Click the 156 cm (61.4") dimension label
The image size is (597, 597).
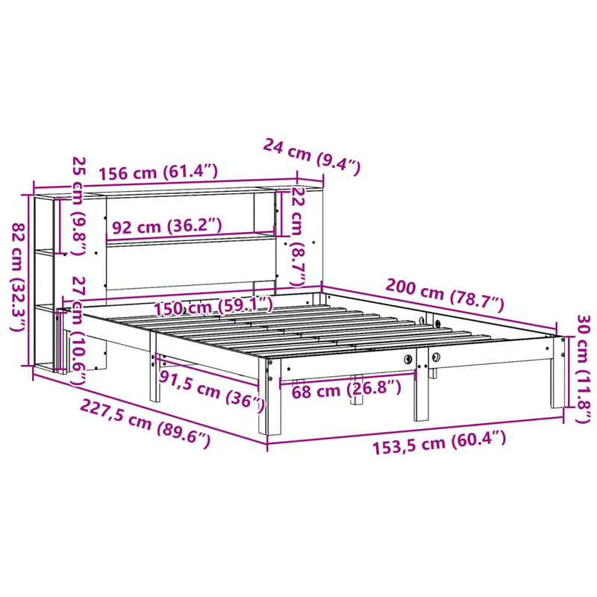(158, 172)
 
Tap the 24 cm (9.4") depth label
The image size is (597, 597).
(311, 157)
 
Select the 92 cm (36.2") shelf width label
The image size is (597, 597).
(167, 226)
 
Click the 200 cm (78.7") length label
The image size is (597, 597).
(445, 295)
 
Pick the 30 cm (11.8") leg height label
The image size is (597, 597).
(584, 368)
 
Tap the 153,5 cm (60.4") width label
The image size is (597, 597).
(439, 442)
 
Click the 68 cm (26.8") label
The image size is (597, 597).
(346, 390)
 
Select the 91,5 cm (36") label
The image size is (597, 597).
(211, 390)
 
